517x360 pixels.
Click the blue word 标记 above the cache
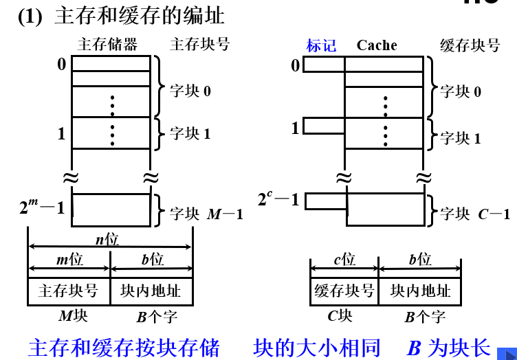[x=321, y=46]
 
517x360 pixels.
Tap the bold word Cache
[x=377, y=45]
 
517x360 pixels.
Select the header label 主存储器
[x=107, y=45]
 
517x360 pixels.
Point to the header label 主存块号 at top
[x=199, y=45]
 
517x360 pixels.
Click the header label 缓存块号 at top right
[x=470, y=45]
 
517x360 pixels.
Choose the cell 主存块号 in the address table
[x=69, y=291]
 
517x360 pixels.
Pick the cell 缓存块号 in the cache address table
[x=344, y=291]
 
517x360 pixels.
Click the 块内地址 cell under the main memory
[x=151, y=291]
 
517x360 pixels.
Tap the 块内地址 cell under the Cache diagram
[x=420, y=291]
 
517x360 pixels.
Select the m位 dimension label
[x=69, y=260]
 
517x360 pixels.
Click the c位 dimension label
[x=344, y=260]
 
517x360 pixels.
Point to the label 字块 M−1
[x=206, y=214]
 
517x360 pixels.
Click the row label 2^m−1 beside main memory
[x=41, y=206]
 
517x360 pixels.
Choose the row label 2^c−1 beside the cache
[x=278, y=200]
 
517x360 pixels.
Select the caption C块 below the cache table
[x=340, y=316]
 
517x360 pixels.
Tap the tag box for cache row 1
[x=324, y=126]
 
